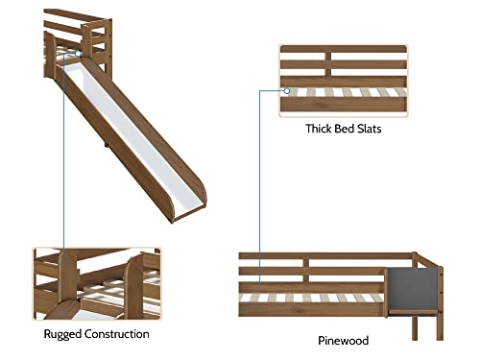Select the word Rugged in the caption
pos(63,334)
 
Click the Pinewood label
pos(343,340)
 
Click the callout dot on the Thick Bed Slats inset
pos(287,90)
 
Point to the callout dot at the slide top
pos(65,55)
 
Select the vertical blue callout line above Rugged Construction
pos(64,154)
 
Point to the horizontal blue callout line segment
pos(273,90)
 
